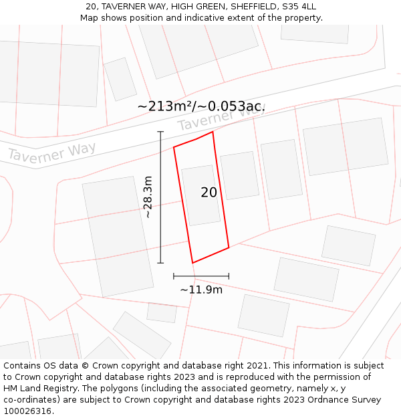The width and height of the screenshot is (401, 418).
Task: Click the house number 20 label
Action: coord(209,193)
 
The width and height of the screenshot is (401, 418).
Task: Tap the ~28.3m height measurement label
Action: coord(148,197)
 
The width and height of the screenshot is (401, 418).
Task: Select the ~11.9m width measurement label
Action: coord(201,290)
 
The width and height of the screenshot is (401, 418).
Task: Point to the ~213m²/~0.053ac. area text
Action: coord(200,106)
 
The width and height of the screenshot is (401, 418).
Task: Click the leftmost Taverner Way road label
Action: coord(51,152)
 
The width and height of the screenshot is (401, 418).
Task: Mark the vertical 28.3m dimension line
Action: coord(160,197)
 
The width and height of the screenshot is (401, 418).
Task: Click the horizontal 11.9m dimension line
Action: coord(201,276)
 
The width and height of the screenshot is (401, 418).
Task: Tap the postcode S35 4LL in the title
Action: coord(299,7)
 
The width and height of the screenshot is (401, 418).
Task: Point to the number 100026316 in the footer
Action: coord(26,411)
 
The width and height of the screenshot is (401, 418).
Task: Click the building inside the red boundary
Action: coord(200,195)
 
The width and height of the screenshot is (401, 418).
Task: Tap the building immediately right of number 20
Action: coord(239,175)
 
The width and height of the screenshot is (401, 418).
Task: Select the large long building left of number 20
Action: coord(118,236)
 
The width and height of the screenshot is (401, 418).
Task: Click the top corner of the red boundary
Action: coord(213,132)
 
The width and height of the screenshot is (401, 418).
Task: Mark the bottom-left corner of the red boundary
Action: coord(192,263)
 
